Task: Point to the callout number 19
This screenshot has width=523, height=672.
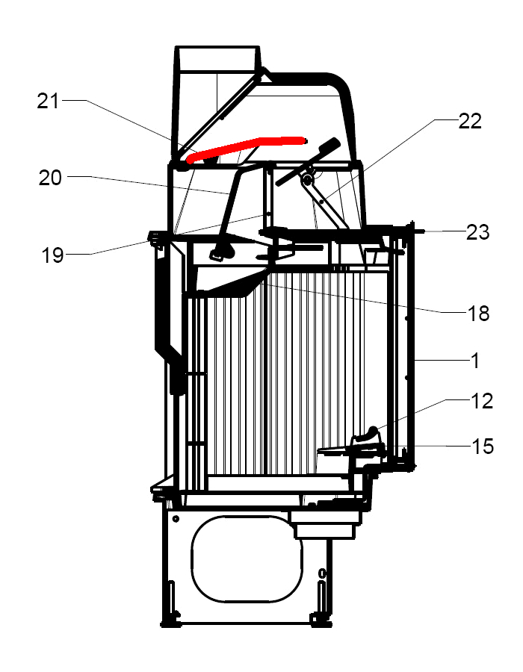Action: (52, 255)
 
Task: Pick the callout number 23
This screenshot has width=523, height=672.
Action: (477, 232)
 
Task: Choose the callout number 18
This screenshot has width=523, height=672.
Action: (477, 313)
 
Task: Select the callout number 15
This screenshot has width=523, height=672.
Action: (483, 447)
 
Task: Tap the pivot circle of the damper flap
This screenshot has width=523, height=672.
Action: (306, 180)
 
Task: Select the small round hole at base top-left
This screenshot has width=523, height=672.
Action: (175, 518)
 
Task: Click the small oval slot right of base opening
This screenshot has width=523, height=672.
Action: (322, 573)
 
